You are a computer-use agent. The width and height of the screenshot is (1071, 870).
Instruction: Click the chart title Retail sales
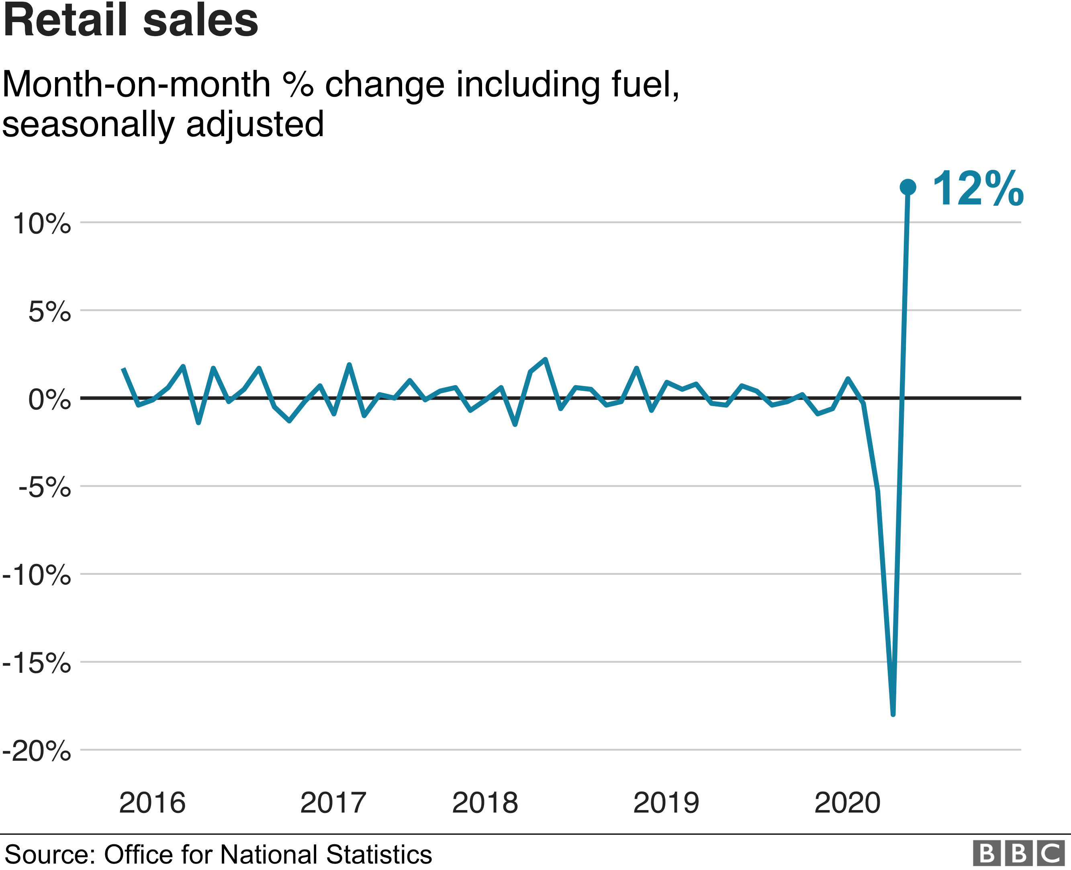click(130, 21)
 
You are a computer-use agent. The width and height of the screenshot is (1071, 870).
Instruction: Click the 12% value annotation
click(977, 189)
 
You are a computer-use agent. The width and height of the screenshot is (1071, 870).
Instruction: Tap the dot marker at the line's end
click(907, 187)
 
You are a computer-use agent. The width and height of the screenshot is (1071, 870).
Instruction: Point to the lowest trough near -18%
click(893, 714)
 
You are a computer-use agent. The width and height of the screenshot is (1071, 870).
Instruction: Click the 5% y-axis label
click(49, 312)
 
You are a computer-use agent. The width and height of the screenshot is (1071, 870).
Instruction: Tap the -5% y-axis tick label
click(44, 487)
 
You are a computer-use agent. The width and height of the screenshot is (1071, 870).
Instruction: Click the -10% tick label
click(37, 575)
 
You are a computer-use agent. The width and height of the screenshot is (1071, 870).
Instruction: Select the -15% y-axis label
click(37, 663)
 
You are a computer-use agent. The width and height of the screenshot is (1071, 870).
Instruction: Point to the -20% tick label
click(37, 751)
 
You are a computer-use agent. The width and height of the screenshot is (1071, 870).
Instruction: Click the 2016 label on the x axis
click(152, 803)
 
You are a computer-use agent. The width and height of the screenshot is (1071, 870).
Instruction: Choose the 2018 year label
click(484, 803)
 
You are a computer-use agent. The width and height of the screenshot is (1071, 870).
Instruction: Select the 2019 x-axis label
click(666, 803)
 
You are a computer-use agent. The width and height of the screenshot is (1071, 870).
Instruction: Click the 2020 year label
click(847, 803)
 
